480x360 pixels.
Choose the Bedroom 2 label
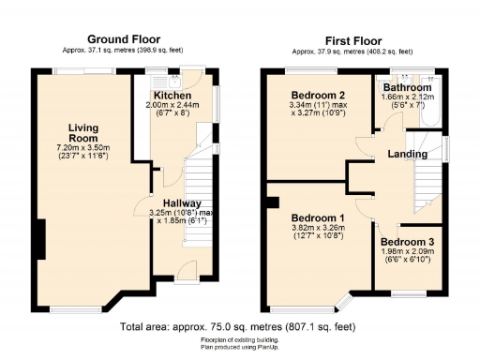click(x=317, y=96)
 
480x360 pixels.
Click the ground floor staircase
click(x=199, y=173)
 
